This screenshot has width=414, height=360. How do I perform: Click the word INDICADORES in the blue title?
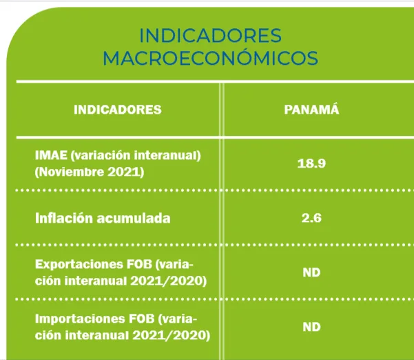click(x=210, y=36)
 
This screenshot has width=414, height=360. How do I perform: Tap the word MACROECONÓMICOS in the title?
click(x=210, y=58)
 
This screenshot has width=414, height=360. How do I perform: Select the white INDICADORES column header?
click(x=118, y=110)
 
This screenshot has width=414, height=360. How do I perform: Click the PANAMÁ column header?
click(x=311, y=109)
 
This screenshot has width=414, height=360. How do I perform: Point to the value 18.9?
click(x=311, y=163)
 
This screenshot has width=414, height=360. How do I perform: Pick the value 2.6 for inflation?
click(x=311, y=218)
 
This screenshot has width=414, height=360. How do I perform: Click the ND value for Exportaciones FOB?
click(x=311, y=272)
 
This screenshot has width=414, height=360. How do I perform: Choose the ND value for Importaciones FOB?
click(x=311, y=327)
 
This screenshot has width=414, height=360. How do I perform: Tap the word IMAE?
click(x=51, y=155)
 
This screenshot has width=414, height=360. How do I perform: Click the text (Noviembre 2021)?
click(x=90, y=172)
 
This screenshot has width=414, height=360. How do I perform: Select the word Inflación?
click(x=64, y=218)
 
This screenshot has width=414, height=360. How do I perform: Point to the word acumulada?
click(x=134, y=219)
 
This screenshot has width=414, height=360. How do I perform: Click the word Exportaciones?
click(x=79, y=264)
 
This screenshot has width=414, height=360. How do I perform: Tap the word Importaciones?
click(x=80, y=319)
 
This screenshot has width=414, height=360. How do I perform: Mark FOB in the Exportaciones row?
click(x=140, y=264)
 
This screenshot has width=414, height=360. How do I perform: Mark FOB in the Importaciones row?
click(x=141, y=319)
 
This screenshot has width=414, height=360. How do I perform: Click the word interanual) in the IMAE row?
click(x=167, y=155)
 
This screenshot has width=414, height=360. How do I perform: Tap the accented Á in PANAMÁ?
click(x=334, y=109)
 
